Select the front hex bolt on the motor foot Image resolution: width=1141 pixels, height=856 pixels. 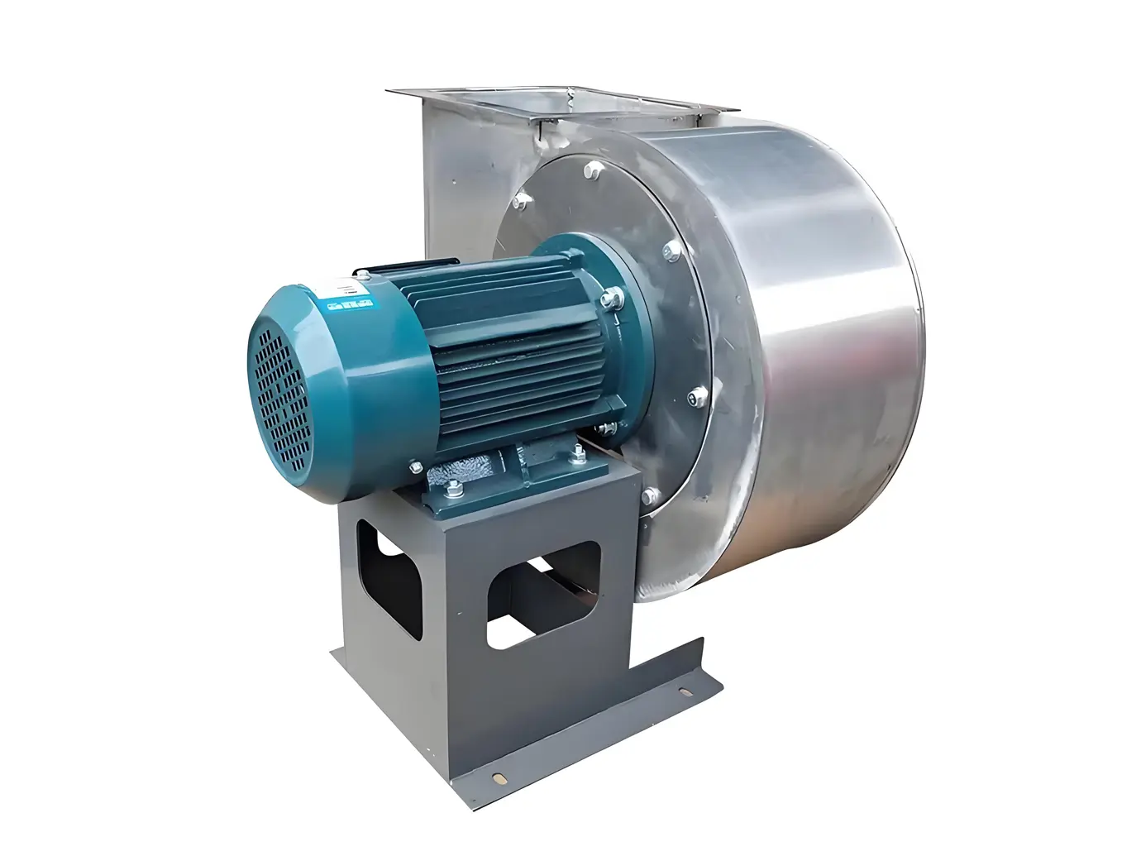pyautogui.click(x=454, y=490)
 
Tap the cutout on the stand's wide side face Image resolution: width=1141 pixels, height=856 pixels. pyautogui.click(x=542, y=592)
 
